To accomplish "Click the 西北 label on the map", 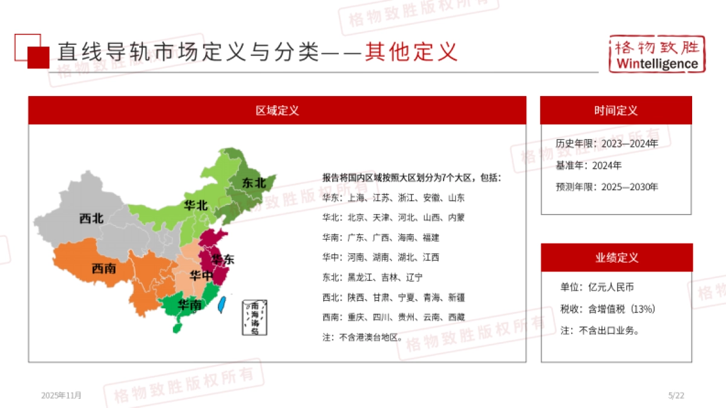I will click(x=91, y=218).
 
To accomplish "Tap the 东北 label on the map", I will click(x=254, y=183).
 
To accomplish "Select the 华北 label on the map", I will click(x=196, y=206).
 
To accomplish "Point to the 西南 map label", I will click(x=104, y=268).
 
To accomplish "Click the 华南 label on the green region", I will click(x=189, y=305).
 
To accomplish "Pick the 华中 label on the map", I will click(x=201, y=276).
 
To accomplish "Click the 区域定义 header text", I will click(x=277, y=111).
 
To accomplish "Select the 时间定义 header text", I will click(x=616, y=111).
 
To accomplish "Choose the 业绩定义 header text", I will click(x=616, y=257).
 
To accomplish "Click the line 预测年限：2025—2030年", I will click(x=607, y=187).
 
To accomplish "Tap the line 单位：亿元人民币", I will click(x=597, y=287).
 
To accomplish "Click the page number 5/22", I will click(x=676, y=395).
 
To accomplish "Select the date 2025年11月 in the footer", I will click(x=61, y=395).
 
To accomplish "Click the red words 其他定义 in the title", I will click(x=411, y=52).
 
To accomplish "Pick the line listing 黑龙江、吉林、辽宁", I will click(x=373, y=277).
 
